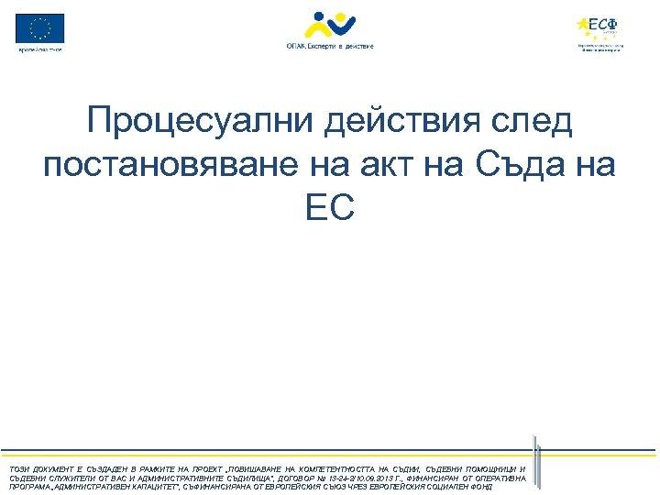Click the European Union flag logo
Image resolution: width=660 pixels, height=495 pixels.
(x=40, y=27)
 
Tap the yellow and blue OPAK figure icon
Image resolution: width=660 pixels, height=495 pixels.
(x=329, y=25)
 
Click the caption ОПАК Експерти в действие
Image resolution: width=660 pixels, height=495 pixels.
(x=329, y=46)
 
